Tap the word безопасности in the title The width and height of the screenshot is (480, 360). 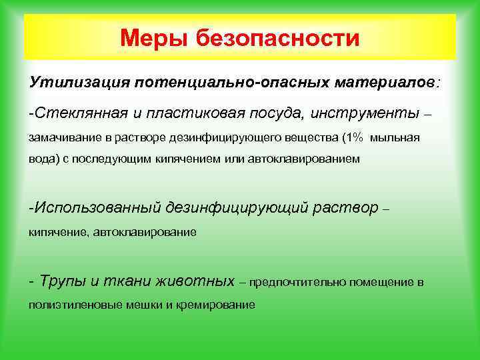[x=278, y=38]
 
